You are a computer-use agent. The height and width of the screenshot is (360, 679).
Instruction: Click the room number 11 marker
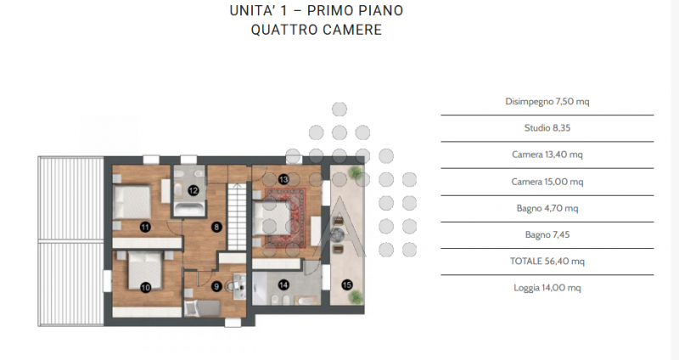pos(145,227)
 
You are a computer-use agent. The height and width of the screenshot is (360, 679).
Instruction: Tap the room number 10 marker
pos(145,287)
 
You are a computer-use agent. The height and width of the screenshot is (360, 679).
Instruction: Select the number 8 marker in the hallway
pos(217,227)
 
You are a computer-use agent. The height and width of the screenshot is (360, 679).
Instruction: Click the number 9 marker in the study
pos(217,287)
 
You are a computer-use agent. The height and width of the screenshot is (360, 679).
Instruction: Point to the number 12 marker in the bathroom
pos(194,190)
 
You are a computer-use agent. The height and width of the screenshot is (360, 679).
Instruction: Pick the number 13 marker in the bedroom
pos(283,179)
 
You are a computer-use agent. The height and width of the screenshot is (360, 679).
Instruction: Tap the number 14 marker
pos(283,284)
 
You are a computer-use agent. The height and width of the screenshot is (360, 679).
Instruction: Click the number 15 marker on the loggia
pos(346,284)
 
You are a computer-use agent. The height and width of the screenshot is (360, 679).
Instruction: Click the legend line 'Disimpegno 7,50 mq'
pos(547,101)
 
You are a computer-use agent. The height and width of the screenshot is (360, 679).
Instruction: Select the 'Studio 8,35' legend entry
pos(547,128)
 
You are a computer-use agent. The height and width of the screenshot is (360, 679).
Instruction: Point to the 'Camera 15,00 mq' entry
pos(547,182)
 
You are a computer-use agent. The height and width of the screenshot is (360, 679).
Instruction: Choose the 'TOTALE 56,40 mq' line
pos(547,262)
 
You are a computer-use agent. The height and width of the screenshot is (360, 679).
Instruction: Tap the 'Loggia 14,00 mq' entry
pos(547,288)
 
